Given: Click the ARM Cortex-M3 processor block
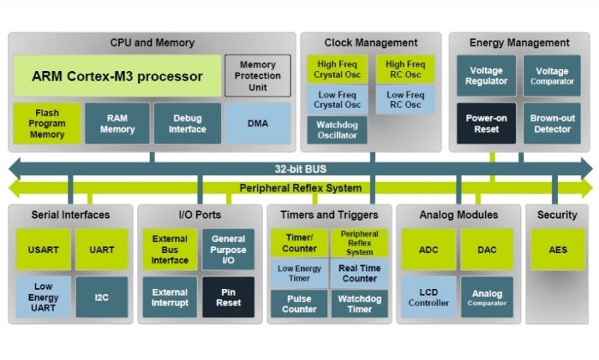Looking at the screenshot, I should click(118, 76).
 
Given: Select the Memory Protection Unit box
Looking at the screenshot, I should click(258, 76).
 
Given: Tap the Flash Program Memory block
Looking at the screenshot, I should click(47, 123).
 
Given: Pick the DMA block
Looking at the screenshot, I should click(258, 123).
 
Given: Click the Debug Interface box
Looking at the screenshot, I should click(187, 123).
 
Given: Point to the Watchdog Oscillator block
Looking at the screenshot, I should click(338, 130).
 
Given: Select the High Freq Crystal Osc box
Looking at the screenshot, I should click(338, 70).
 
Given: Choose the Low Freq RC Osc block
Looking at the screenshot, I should click(405, 100).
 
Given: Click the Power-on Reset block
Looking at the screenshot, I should click(486, 123).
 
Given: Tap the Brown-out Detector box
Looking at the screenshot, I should click(552, 123).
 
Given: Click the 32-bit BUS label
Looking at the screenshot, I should click(300, 168).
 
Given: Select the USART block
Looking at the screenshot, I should click(43, 249).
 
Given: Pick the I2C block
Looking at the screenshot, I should click(101, 297).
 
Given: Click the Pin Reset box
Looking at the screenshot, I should click(228, 297).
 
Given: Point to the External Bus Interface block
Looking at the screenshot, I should click(170, 249).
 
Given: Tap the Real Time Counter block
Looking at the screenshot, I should click(360, 273).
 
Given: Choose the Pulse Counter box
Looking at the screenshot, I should click(299, 304).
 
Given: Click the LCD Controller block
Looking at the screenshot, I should click(429, 297).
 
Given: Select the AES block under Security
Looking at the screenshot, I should click(557, 249).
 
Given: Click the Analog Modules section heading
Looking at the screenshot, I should click(458, 215).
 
